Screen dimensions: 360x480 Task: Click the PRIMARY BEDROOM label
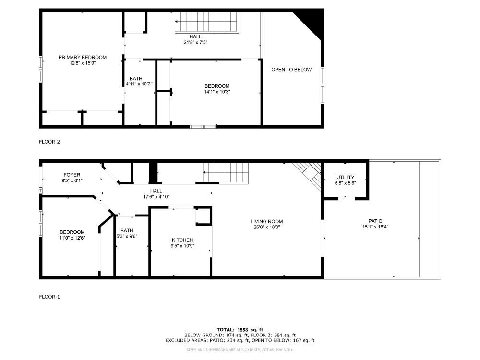pyautogui.click(x=83, y=57)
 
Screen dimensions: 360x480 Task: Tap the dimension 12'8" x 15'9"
pyautogui.click(x=83, y=63)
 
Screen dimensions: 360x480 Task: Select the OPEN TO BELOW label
pyautogui.click(x=291, y=70)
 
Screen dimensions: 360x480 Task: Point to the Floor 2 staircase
pyautogui.click(x=206, y=22)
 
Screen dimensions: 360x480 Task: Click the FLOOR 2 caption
pyautogui.click(x=49, y=142)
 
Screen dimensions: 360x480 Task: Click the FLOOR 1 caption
pyautogui.click(x=49, y=297)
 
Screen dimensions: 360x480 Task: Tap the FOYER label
pyautogui.click(x=72, y=175)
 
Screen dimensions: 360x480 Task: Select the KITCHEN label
pyautogui.click(x=182, y=240)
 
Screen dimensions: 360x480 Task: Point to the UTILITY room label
pyautogui.click(x=345, y=177)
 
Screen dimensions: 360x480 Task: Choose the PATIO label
pyautogui.click(x=375, y=221)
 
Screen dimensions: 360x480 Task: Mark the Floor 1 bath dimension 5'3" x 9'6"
pyautogui.click(x=127, y=236)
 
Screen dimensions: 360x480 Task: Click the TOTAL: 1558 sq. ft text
pyautogui.click(x=240, y=329)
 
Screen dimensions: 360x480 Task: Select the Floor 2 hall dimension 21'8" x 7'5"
pyautogui.click(x=195, y=42)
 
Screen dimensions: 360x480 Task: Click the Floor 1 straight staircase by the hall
pyautogui.click(x=226, y=173)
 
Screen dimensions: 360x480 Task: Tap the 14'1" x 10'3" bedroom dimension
pyautogui.click(x=217, y=92)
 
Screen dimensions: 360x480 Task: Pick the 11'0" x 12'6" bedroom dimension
pyautogui.click(x=72, y=238)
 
